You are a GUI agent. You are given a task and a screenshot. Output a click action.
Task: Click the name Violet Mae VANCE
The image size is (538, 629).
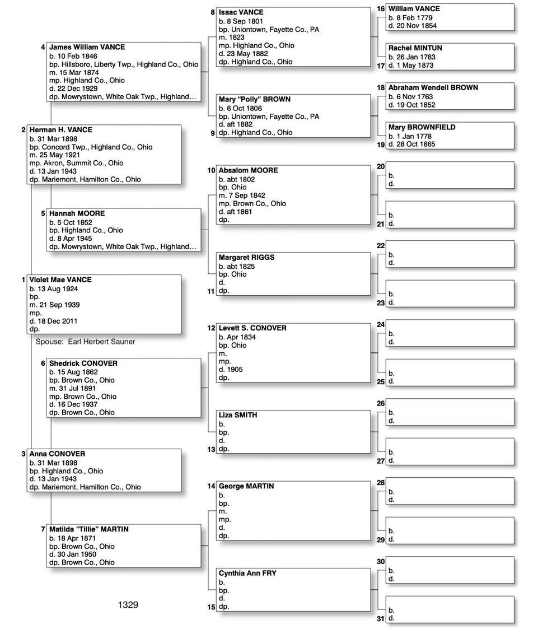(x=60, y=280)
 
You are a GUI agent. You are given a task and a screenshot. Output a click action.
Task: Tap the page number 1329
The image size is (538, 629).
(x=128, y=605)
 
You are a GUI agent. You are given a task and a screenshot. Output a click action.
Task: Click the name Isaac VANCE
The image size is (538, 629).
(x=241, y=12)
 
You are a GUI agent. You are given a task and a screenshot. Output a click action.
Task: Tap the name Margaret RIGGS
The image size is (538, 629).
(x=246, y=258)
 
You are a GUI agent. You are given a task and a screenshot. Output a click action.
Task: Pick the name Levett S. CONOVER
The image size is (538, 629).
(x=252, y=328)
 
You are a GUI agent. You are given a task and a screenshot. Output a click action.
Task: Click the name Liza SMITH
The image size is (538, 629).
(x=238, y=416)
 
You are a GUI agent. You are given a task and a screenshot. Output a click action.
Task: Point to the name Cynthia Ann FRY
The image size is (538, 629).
(x=247, y=574)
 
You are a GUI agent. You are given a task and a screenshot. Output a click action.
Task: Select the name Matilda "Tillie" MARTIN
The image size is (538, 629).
(x=89, y=529)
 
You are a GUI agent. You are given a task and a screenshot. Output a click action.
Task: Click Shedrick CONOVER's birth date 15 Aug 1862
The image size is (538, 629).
(x=77, y=372)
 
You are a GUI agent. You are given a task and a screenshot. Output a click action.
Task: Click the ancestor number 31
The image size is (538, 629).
(x=381, y=618)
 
